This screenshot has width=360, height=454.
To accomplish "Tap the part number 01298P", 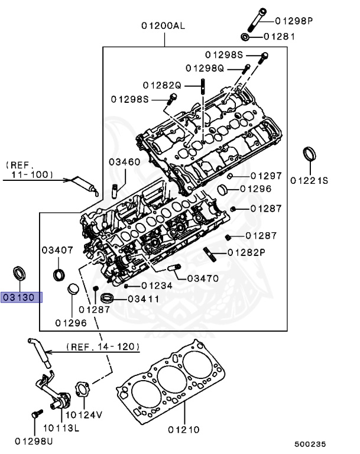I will click(294, 21).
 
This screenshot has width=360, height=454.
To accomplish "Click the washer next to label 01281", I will click(247, 37).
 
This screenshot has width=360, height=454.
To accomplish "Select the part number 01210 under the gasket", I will click(183, 429).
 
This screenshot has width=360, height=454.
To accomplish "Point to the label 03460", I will click(124, 161).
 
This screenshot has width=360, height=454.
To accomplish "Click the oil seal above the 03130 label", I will click(20, 274).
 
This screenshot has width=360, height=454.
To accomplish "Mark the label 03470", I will click(203, 278).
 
